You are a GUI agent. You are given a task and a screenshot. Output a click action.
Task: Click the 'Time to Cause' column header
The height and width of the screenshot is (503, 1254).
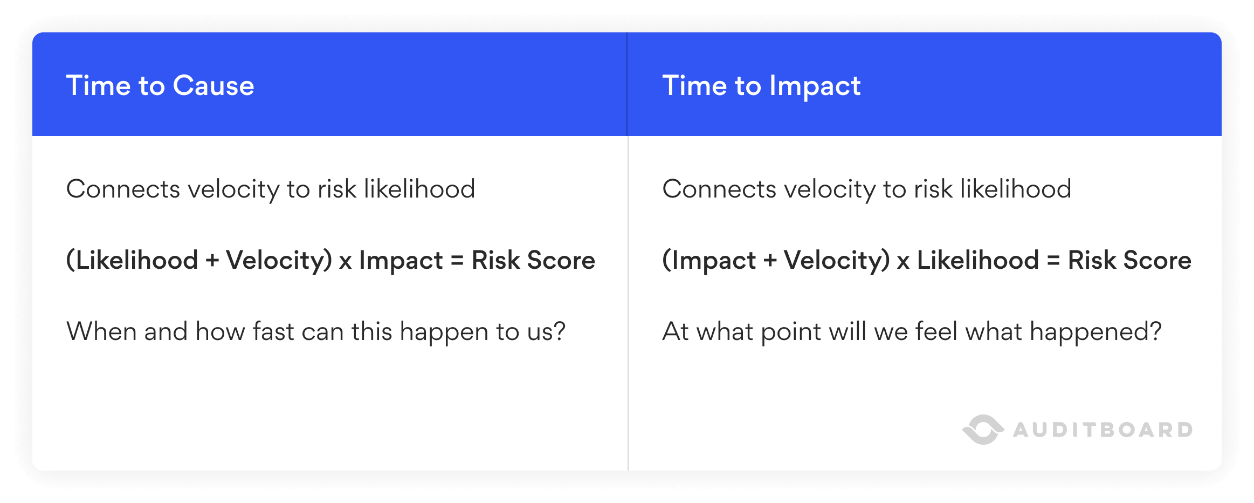pos(160,86)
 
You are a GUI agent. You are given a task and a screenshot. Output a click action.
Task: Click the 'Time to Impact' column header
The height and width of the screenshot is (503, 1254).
pos(761,86)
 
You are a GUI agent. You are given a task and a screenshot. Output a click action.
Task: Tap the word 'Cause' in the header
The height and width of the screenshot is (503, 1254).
pos(213,86)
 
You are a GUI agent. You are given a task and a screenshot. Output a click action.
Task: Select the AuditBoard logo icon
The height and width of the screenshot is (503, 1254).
pos(983,430)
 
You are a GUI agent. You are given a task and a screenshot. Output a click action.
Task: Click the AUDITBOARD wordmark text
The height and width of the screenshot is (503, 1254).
pos(1103,430)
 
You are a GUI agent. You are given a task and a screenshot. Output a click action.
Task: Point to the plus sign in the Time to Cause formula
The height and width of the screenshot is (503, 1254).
pos(212,261)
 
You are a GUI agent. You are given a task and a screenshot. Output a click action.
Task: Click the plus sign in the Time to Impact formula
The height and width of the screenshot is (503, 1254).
pos(770,261)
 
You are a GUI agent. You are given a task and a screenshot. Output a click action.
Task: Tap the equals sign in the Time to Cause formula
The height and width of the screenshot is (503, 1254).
pos(457,261)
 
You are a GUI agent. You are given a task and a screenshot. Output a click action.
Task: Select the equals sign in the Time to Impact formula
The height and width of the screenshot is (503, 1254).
pos(1053,261)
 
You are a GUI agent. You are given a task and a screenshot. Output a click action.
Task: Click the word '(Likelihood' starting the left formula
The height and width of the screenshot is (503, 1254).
pos(132,261)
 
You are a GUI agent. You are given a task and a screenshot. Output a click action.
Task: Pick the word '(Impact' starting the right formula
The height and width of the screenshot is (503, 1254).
pos(709,261)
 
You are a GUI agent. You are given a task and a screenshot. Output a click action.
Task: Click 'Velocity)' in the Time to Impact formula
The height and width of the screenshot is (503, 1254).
pos(836,261)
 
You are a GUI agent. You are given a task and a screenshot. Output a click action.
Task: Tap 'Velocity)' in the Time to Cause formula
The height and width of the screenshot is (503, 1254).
pos(279,261)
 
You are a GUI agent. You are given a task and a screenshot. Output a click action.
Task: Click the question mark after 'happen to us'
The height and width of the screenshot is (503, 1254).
pos(560,331)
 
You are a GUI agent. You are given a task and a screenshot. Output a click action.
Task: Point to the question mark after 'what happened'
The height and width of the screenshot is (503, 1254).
pos(1155,331)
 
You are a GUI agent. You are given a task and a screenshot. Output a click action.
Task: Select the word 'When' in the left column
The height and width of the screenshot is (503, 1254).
pos(101,331)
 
